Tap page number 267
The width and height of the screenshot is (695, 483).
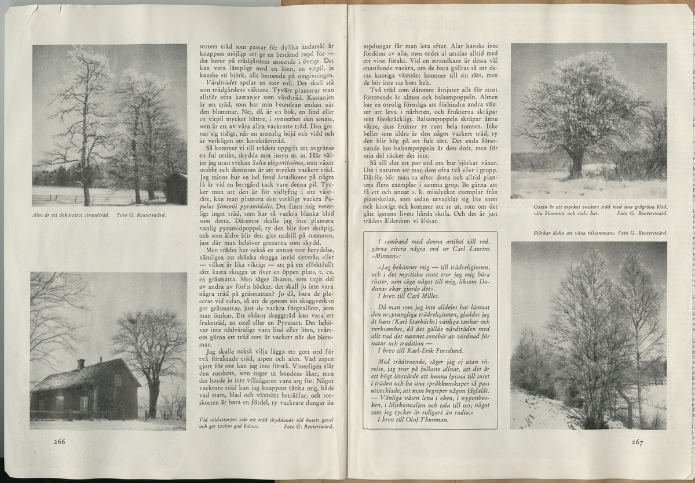[637, 442]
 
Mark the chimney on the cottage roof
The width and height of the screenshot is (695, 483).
[81, 364]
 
